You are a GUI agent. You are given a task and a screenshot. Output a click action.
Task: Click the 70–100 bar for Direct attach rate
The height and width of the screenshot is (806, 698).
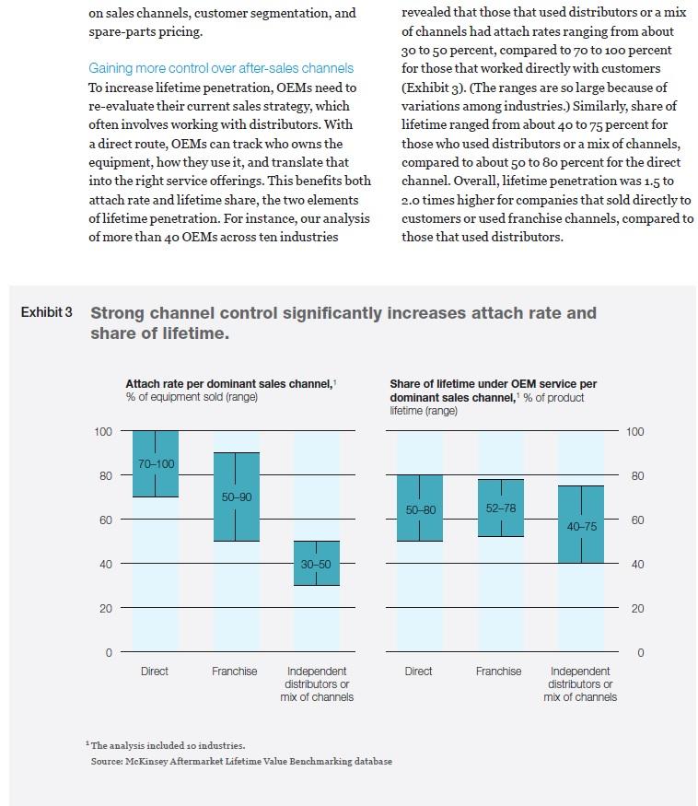pos(156,463)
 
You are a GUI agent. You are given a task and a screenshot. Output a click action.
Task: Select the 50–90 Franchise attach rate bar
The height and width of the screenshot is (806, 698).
pos(236,496)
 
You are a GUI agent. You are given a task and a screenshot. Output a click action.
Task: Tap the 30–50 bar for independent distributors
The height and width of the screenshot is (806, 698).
pos(316,563)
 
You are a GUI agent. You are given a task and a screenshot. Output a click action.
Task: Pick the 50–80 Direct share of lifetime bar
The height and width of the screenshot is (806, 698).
pos(419,508)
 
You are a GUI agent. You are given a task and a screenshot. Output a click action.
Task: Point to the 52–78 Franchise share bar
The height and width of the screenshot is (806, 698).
pos(499,508)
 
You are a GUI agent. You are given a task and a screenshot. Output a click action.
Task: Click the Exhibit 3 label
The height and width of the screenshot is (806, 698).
pos(46,313)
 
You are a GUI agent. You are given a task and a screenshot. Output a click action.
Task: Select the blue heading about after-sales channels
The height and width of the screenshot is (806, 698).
pos(221,68)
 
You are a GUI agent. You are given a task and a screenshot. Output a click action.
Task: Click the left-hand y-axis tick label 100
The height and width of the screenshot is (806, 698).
pos(102,431)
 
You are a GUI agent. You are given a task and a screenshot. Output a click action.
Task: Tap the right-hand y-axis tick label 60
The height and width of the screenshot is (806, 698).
pos(635,520)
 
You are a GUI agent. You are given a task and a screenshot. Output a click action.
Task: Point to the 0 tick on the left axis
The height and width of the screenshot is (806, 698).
pos(108,653)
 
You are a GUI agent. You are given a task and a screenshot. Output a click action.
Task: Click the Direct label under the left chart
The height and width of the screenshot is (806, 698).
pos(155,672)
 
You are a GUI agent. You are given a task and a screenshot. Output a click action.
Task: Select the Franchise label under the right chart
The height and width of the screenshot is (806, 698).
pos(498,672)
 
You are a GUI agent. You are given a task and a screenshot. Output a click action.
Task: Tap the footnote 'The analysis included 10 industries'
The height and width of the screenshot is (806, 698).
pos(167,745)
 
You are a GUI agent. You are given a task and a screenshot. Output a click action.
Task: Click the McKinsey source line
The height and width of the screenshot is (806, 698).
pos(241,761)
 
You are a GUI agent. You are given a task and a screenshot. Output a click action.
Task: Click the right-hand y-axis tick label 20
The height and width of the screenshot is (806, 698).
pos(635,609)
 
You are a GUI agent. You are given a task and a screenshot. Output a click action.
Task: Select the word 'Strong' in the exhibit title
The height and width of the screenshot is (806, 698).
pos(120,313)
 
